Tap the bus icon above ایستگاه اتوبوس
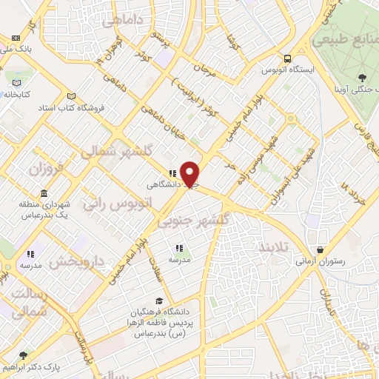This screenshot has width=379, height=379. pyautogui.click(x=287, y=59)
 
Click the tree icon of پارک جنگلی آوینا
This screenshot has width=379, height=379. pyautogui.click(x=361, y=76)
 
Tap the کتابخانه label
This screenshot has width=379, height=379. pyautogui.click(x=20, y=94)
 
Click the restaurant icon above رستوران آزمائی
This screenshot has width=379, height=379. pyautogui.click(x=319, y=249)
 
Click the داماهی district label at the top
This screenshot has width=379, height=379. pyautogui.click(x=122, y=24)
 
